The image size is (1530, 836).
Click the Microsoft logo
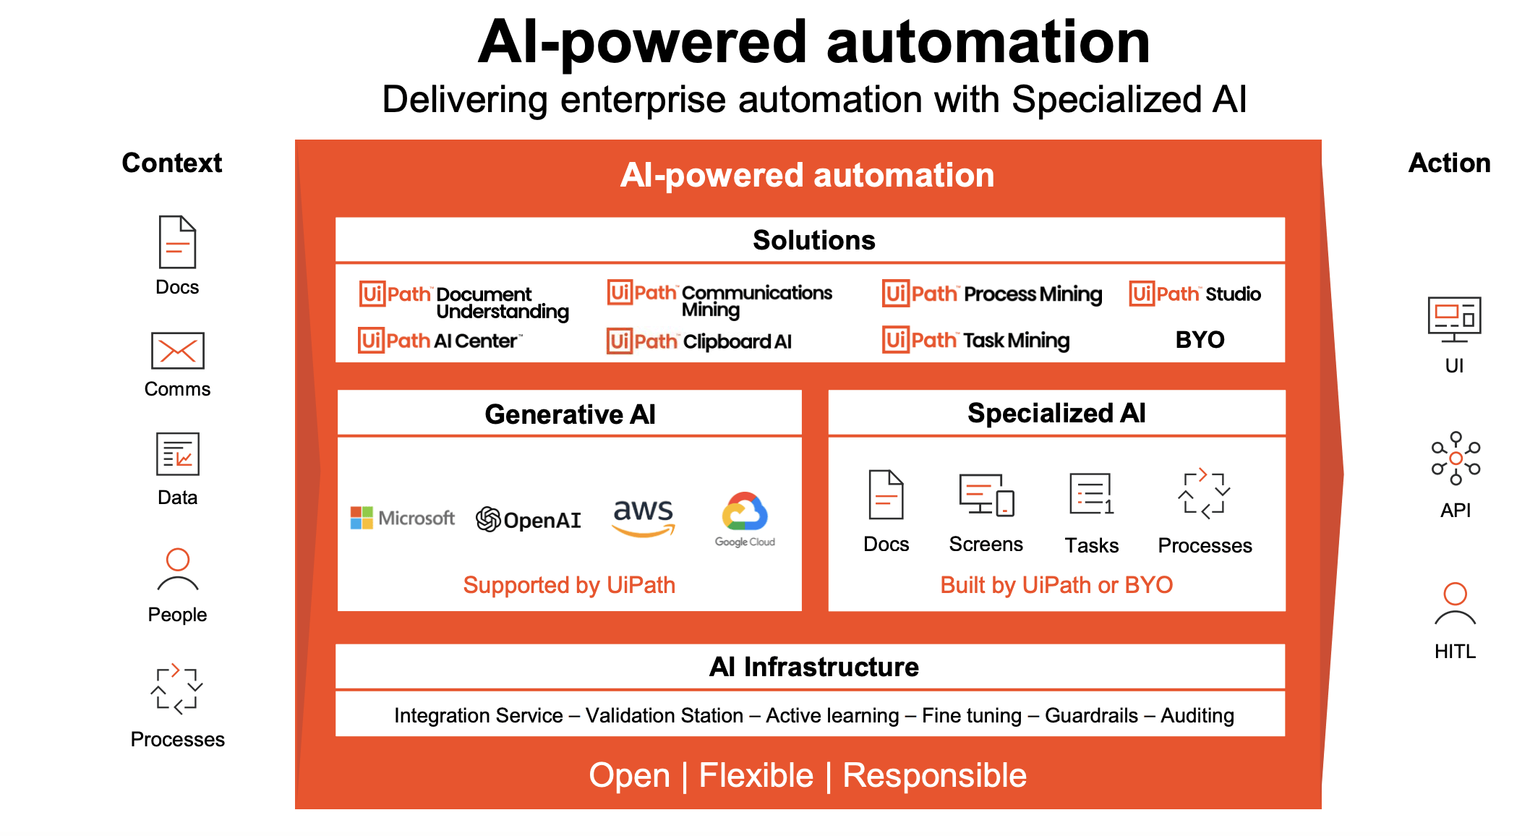pyautogui.click(x=402, y=518)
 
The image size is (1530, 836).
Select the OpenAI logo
pyautogui.click(x=529, y=519)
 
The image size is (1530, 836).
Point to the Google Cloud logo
pyautogui.click(x=745, y=519)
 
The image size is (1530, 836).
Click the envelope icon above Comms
pyautogui.click(x=177, y=351)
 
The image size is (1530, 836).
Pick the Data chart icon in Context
pyautogui.click(x=177, y=454)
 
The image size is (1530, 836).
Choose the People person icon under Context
pyautogui.click(x=177, y=570)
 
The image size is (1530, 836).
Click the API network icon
pyautogui.click(x=1456, y=458)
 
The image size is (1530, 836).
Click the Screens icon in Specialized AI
pyautogui.click(x=986, y=495)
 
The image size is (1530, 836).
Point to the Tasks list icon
pyautogui.click(x=1091, y=495)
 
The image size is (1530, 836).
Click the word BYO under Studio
pyautogui.click(x=1200, y=339)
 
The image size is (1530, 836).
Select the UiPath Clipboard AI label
pyautogui.click(x=699, y=341)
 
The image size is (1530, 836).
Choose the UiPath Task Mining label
pyautogui.click(x=976, y=339)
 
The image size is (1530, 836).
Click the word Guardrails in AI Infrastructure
pyautogui.click(x=1091, y=715)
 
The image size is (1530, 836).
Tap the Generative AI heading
pyautogui.click(x=570, y=414)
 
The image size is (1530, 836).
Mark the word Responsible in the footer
pyautogui.click(x=934, y=775)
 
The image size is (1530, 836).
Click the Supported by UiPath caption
pyautogui.click(x=569, y=584)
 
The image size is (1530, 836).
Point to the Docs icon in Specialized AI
pyautogui.click(x=886, y=495)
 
